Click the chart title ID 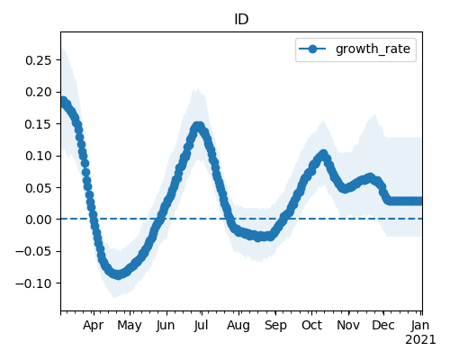click(x=241, y=20)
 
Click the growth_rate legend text click(x=373, y=49)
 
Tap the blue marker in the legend click(x=312, y=49)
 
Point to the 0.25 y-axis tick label click(x=39, y=60)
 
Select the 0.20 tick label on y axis click(x=39, y=92)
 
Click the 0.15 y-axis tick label click(x=39, y=124)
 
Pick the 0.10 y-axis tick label click(x=39, y=156)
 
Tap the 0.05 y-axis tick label click(x=39, y=188)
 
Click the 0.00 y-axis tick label click(x=39, y=220)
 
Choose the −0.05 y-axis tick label click(x=33, y=251)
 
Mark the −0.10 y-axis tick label click(x=33, y=283)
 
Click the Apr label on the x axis click(x=94, y=325)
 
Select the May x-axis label click(x=130, y=325)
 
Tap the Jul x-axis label click(x=201, y=325)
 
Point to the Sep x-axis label click(x=275, y=325)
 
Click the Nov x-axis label click(x=348, y=325)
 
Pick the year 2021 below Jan click(x=420, y=340)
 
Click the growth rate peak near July click(x=198, y=126)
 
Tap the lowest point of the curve click(x=119, y=274)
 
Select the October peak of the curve click(x=323, y=155)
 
